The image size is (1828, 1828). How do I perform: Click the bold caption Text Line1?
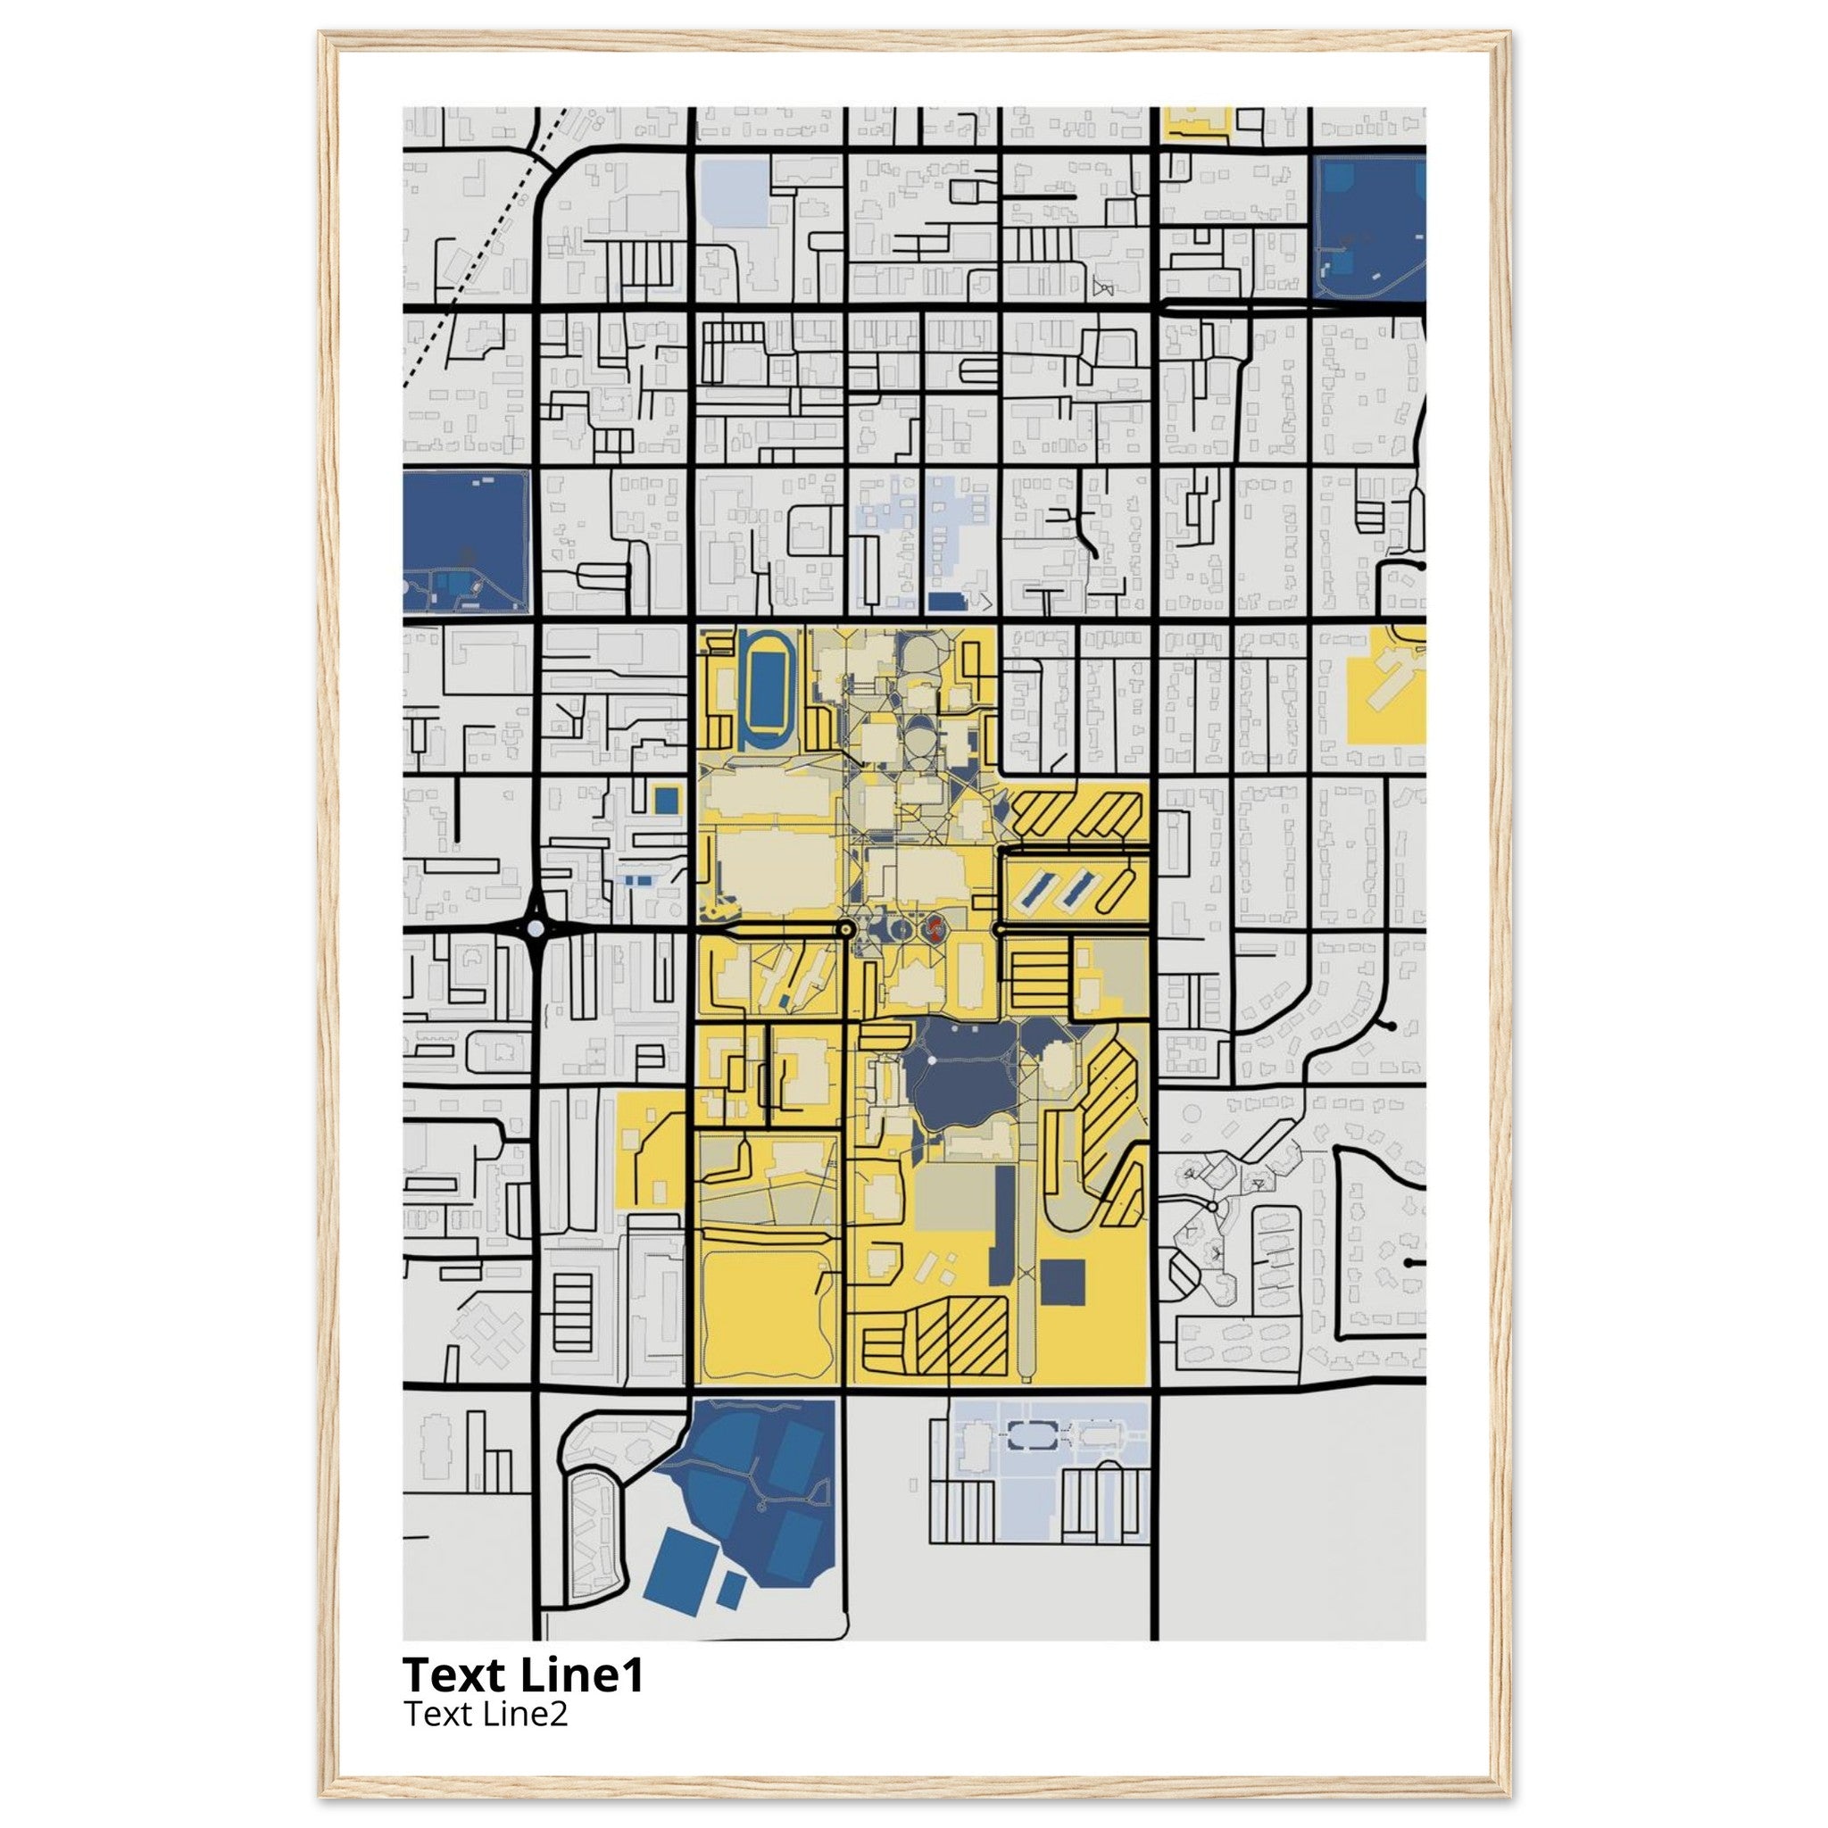pos(522,1675)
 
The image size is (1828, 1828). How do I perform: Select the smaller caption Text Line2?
pos(486,1714)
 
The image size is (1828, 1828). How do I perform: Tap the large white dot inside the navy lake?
pos(932,1060)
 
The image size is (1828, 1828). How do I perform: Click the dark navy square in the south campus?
pos(1062,1282)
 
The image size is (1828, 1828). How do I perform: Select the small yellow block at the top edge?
pos(1197,123)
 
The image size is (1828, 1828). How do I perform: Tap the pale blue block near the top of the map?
pos(736,193)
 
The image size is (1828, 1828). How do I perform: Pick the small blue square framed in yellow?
pos(666,800)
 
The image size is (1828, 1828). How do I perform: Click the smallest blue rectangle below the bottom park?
pos(730,1589)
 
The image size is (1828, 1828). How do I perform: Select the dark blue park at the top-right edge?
pos(1370,227)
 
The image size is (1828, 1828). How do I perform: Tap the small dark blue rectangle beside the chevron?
pos(946,601)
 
